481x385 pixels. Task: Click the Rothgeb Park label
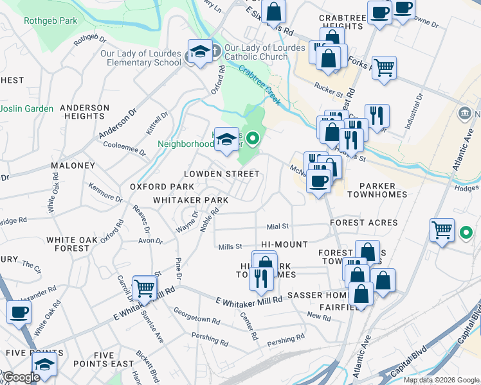50,21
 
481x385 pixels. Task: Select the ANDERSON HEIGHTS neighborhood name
85,112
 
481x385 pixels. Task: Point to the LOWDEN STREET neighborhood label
221,174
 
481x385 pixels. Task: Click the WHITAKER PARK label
190,200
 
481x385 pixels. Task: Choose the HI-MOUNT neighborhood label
284,245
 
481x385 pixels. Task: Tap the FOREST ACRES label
363,223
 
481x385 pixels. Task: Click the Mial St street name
278,227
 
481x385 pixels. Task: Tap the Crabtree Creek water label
261,80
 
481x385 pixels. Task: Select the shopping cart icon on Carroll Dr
145,287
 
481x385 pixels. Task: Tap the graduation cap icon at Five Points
44,364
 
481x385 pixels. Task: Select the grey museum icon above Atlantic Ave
465,115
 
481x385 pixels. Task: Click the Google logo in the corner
21,377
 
